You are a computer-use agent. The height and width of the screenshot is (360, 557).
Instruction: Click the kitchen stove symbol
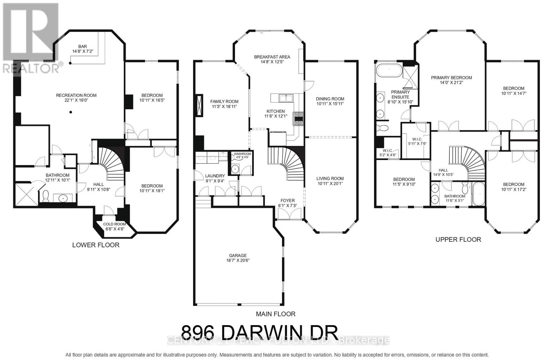pyautogui.click(x=299, y=118)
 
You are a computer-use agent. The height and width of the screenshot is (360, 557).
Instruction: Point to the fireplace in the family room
pyautogui.click(x=199, y=105)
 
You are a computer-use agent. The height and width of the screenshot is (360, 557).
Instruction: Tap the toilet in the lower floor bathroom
pyautogui.click(x=45, y=196)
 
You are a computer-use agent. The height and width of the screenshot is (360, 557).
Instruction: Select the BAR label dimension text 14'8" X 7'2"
pyautogui.click(x=83, y=51)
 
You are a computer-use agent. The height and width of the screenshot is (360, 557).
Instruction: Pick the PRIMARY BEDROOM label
pyautogui.click(x=451, y=78)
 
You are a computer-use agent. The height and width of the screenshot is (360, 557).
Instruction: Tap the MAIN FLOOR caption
pyautogui.click(x=275, y=314)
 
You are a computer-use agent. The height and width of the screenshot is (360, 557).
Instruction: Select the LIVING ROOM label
pyautogui.click(x=330, y=178)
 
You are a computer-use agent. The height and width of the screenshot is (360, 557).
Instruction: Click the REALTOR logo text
pyautogui.click(x=31, y=67)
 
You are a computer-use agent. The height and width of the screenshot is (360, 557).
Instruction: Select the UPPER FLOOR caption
pyautogui.click(x=458, y=239)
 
